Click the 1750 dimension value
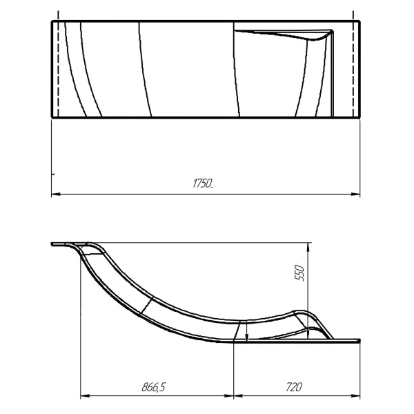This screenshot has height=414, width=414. coord(203,183)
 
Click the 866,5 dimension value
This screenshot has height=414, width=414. coord(154,387)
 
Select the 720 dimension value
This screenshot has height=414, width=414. coord(294,387)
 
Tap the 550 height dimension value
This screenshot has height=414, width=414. coord(300,273)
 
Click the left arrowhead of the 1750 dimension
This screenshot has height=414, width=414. coord(55,194)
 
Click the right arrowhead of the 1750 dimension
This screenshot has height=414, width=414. coord(356,194)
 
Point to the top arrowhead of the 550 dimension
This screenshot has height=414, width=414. coord(308,246)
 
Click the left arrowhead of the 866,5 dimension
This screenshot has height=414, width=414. coord(84,395)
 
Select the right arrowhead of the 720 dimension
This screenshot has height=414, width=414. coord(356,395)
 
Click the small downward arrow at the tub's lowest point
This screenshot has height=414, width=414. coord(246,337)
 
